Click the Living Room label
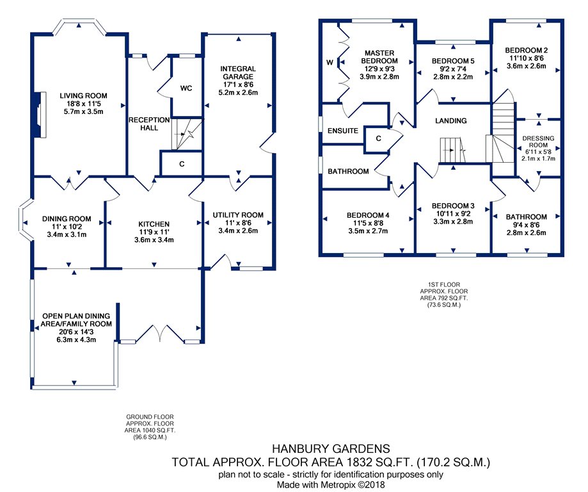coord(83,95)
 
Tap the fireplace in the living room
coord(40,115)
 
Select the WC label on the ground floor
coord(186,88)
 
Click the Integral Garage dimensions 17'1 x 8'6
coord(238,85)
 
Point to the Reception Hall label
coord(149,124)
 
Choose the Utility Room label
coord(238,215)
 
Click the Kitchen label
coord(154,224)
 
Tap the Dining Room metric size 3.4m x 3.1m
coord(67,234)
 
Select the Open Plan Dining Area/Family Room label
coord(76,320)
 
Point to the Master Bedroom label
coord(379,57)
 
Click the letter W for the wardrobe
coord(330,62)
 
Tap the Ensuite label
coord(343,131)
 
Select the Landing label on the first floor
coord(450,120)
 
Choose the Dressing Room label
coord(538,142)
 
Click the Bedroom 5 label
coord(453,61)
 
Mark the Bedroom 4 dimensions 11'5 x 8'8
coord(368,223)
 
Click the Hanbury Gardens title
coord(331,449)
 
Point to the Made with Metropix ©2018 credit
coord(331,485)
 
